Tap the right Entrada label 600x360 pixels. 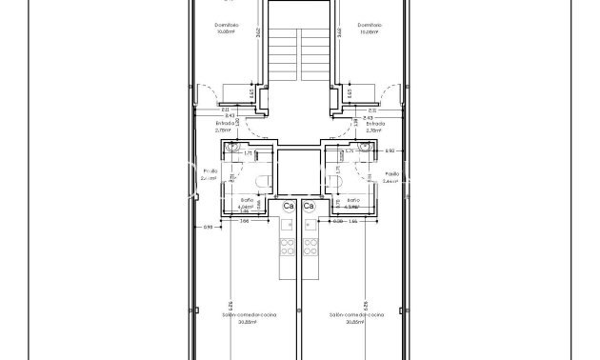375,123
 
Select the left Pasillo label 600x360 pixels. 210,171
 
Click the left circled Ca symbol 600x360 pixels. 288,206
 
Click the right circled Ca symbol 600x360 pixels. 309,206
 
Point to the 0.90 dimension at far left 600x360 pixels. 210,226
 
